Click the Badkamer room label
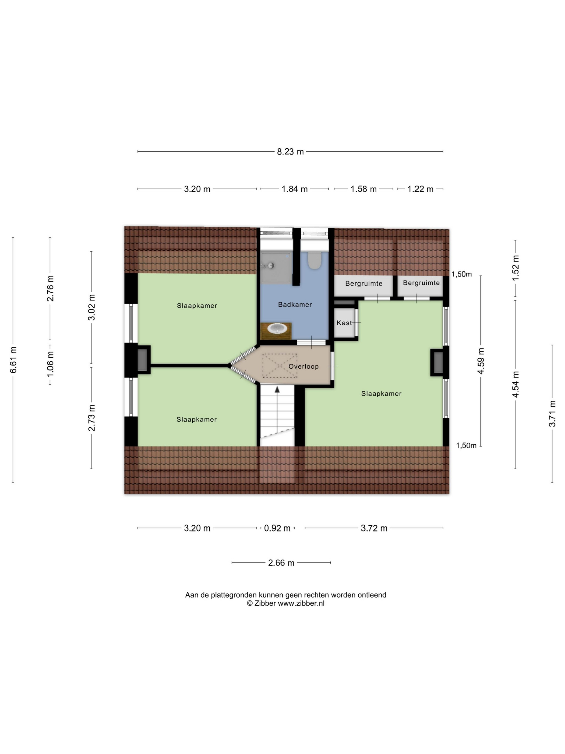coord(295,304)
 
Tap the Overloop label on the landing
coord(303,366)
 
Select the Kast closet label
coord(344,323)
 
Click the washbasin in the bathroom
coord(278,329)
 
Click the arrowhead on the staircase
coord(277,389)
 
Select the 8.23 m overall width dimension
coord(290,152)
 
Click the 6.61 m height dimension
coord(13,359)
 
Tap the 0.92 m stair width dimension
coord(277,528)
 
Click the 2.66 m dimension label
coord(281,563)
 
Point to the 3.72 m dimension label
coord(374,528)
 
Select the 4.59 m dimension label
coord(481,361)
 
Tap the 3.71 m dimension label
coord(552,413)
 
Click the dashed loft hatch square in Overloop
coord(279,366)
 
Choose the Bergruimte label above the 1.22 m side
coord(421,283)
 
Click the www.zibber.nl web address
coord(301,613)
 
